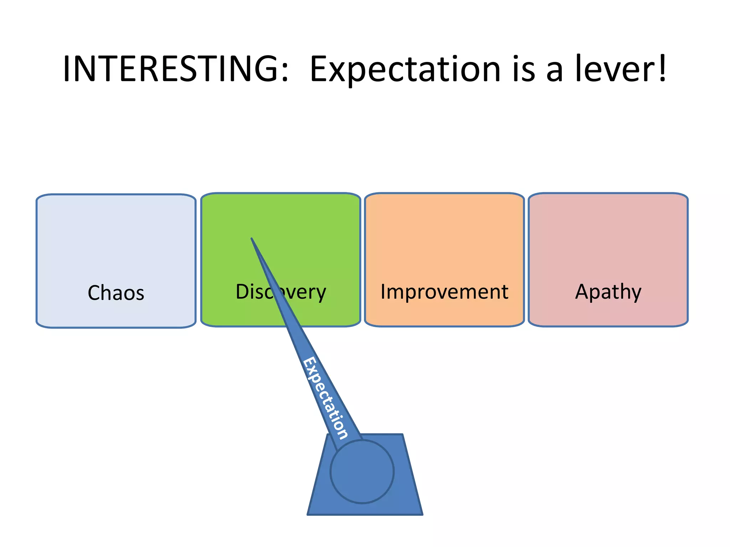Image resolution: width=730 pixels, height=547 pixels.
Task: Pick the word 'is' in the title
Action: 524,69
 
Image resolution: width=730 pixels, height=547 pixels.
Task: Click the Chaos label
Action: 116,293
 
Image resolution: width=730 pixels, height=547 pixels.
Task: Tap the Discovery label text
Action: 281,292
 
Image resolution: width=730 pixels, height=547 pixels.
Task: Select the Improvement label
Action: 444,292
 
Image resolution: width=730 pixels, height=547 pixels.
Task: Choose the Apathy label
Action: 608,292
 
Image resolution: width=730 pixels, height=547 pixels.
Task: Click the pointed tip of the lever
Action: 252,239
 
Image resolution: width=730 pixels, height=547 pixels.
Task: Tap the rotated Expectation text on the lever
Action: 325,398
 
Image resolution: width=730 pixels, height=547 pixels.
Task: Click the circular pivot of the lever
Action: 362,472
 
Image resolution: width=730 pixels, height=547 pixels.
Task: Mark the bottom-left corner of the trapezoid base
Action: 308,514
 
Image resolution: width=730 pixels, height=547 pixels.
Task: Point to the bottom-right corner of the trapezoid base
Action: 422,514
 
